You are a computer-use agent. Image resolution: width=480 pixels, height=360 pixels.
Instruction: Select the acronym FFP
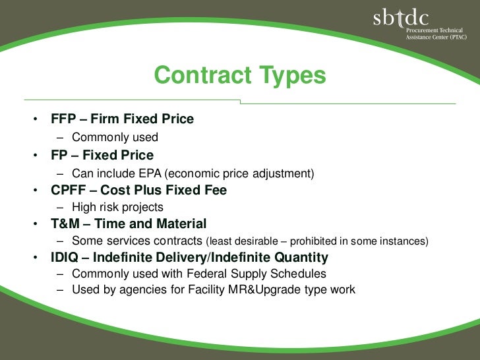pyautogui.click(x=64, y=119)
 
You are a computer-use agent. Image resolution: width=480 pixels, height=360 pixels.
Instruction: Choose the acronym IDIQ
pyautogui.click(x=66, y=257)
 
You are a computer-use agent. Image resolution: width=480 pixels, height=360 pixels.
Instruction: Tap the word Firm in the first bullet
pyautogui.click(x=105, y=119)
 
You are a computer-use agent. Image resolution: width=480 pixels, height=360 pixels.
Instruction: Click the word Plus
pyautogui.click(x=150, y=191)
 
